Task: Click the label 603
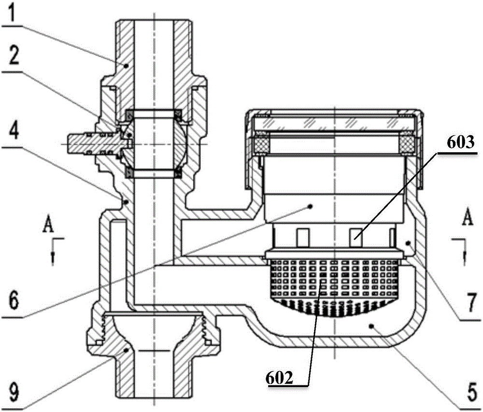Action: tap(460, 143)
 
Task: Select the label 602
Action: tap(279, 378)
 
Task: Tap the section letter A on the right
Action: tap(468, 216)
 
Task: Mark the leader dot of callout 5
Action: tap(371, 325)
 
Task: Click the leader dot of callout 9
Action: tap(126, 350)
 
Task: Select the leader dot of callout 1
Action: tap(126, 66)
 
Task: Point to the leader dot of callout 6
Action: tap(312, 206)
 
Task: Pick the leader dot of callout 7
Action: tap(409, 243)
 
